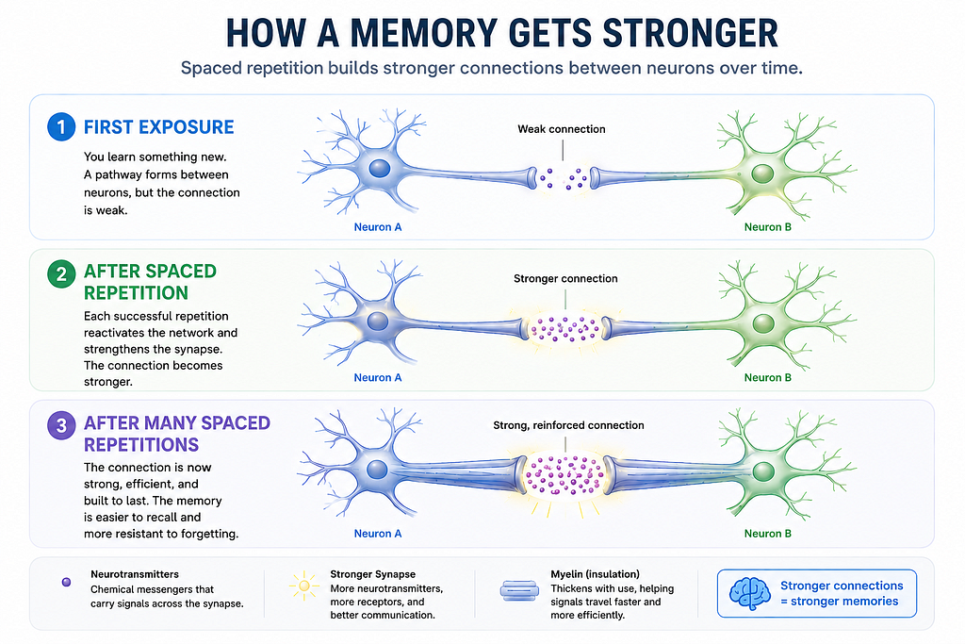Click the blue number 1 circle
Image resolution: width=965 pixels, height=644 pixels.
click(x=61, y=127)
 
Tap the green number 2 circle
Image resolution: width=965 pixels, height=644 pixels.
click(x=61, y=274)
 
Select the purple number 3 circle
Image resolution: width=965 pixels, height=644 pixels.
click(x=61, y=425)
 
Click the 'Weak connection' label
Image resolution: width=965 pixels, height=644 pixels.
click(x=562, y=129)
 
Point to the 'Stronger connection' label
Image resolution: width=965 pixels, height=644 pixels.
click(x=565, y=278)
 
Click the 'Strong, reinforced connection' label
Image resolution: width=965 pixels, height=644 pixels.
click(x=568, y=425)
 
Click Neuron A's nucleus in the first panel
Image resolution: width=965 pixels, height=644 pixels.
click(x=379, y=169)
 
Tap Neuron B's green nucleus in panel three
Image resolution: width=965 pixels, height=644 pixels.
click(x=763, y=472)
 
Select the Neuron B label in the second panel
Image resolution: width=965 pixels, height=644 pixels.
click(x=767, y=377)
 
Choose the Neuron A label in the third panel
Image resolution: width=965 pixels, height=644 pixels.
click(x=377, y=534)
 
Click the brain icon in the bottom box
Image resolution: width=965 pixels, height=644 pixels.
click(x=749, y=593)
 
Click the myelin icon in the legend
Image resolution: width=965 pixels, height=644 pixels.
click(x=519, y=591)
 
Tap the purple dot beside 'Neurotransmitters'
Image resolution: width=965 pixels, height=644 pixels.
click(x=67, y=582)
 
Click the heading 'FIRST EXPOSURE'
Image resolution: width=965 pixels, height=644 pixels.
click(x=158, y=127)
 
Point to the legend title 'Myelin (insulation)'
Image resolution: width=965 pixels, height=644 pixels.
click(x=596, y=574)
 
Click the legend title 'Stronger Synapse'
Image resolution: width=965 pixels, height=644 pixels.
click(x=373, y=574)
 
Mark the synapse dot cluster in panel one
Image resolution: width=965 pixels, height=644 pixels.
click(x=564, y=178)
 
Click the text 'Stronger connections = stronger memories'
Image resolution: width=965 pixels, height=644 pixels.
click(x=842, y=593)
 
